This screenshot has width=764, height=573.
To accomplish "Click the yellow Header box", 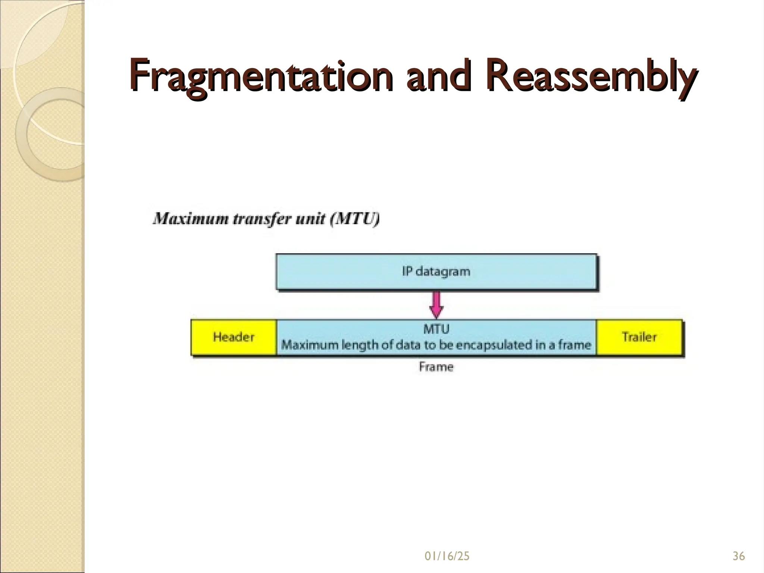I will pyautogui.click(x=234, y=337).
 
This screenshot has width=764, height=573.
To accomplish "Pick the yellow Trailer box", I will pyautogui.click(x=639, y=337).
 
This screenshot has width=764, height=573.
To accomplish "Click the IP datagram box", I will pyautogui.click(x=436, y=272).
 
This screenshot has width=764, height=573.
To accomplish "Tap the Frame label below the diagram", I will pyautogui.click(x=436, y=367).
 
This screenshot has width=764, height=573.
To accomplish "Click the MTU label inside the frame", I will pyautogui.click(x=436, y=329).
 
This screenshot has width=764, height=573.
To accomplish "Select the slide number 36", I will pyautogui.click(x=739, y=557).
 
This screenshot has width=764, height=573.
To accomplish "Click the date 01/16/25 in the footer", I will pyautogui.click(x=447, y=557).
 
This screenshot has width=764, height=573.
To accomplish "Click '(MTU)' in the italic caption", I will pyautogui.click(x=355, y=219).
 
